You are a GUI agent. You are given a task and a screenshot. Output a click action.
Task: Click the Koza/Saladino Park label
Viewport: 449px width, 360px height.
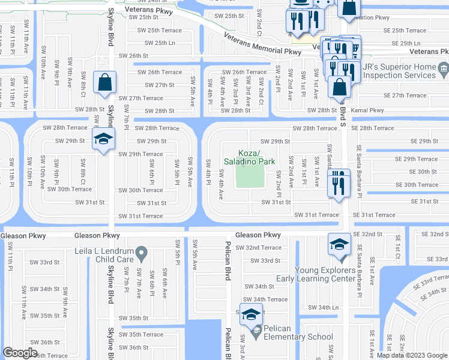click(249, 157)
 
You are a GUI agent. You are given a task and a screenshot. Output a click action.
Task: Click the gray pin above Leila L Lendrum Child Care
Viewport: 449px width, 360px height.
click(141, 254)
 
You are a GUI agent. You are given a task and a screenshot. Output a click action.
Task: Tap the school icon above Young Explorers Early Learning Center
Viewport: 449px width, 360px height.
click(339, 244)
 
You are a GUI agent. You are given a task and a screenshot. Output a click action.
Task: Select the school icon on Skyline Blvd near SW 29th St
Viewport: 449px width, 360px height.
click(103, 139)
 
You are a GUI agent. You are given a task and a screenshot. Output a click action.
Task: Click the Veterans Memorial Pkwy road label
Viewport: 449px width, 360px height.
click(262, 46)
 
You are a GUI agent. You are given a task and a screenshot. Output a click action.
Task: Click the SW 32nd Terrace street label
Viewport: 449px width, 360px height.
click(258, 247)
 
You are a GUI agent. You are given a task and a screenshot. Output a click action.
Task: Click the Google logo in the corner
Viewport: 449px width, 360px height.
click(20, 353)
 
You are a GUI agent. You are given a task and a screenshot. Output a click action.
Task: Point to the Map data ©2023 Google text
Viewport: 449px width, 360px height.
click(412, 355)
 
